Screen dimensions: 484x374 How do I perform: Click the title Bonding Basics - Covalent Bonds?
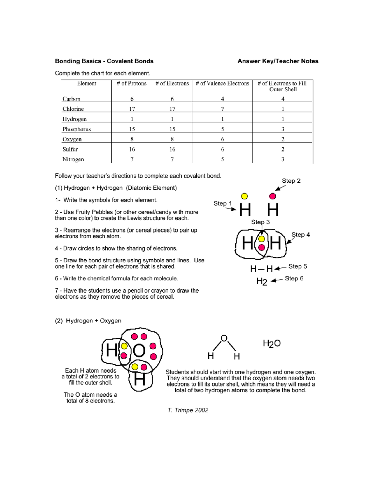pos(104,61)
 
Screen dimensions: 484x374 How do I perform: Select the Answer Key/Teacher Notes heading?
pos(278,61)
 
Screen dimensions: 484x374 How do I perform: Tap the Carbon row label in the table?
pos(71,99)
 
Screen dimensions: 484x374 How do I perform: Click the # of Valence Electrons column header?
pos(222,84)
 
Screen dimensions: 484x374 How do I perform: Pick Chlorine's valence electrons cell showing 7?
pos(222,109)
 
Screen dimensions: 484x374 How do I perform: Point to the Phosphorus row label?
pos(76,129)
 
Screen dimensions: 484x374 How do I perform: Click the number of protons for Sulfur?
pos(132,150)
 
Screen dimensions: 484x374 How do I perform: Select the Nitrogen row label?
pos(73,160)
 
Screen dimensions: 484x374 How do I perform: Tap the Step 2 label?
pos(291,181)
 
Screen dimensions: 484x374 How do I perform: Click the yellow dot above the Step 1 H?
pos(244,196)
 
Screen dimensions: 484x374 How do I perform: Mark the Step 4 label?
pos(300,235)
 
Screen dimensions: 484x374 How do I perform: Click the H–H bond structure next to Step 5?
pos(261,269)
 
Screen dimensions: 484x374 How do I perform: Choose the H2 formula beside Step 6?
pos(262,281)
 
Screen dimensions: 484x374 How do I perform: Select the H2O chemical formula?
pos(271,343)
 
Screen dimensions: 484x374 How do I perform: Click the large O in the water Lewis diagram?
pos(139,351)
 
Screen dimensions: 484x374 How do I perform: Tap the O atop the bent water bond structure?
pos(224,338)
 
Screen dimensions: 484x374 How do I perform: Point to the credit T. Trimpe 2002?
pos(188,410)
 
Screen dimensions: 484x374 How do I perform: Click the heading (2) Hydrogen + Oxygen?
pos(88,321)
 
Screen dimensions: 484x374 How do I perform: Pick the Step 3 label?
pos(260,222)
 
